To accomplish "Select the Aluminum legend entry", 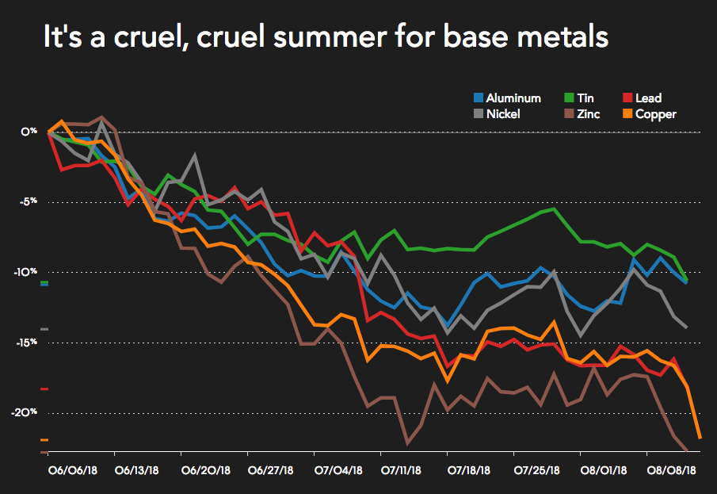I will pyautogui.click(x=507, y=98).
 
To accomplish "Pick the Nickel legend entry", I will pyautogui.click(x=502, y=114).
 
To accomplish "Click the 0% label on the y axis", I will pyautogui.click(x=29, y=132).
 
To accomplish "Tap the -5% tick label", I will pyautogui.click(x=29, y=202).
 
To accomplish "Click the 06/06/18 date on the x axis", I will pyautogui.click(x=71, y=470).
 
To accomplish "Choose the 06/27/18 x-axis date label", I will pyautogui.click(x=271, y=470).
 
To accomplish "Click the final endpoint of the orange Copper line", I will pyautogui.click(x=700, y=438).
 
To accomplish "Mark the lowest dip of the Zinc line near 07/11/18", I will pyautogui.click(x=407, y=443).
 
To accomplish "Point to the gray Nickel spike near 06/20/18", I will pyautogui.click(x=195, y=156).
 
